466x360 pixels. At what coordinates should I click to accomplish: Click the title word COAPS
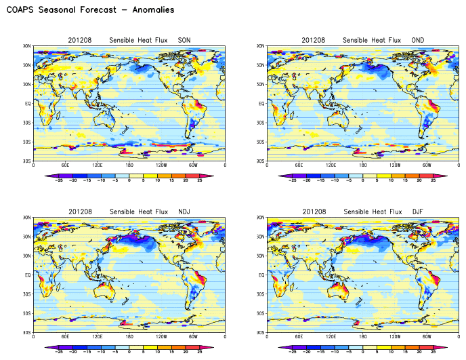point(22,10)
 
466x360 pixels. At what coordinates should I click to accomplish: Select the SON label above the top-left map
point(184,41)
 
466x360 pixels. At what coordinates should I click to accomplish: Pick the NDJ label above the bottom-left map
point(184,212)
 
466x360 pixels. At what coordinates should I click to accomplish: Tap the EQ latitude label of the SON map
point(27,104)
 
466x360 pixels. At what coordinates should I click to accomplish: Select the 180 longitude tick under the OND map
point(362,165)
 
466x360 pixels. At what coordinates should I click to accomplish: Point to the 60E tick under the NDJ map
point(65,337)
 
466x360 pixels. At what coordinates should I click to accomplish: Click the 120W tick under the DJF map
point(395,337)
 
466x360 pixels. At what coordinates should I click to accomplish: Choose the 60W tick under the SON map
point(193,165)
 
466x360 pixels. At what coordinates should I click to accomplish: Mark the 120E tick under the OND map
point(331,165)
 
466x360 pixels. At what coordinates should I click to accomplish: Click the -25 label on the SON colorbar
point(59,181)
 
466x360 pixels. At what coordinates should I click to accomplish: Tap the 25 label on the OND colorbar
point(433,181)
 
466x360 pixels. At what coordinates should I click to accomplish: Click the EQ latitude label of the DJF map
point(261,275)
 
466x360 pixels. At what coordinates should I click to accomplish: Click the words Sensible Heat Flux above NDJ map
point(136,212)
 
